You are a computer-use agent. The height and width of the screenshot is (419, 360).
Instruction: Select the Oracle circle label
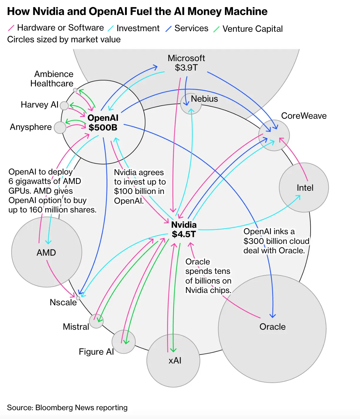point(272,327)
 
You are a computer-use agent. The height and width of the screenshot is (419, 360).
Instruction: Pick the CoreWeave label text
point(304,116)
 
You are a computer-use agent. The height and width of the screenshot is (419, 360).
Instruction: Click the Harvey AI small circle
point(64,105)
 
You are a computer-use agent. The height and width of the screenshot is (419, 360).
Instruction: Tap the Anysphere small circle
point(60,128)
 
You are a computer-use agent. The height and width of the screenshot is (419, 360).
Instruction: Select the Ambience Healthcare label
point(52,79)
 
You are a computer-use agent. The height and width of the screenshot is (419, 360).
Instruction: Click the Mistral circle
point(96,321)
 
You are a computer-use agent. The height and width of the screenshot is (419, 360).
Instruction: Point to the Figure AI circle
point(124,342)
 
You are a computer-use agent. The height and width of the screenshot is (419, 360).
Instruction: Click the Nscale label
point(63,302)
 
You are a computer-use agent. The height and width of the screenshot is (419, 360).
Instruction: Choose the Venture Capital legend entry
point(252,29)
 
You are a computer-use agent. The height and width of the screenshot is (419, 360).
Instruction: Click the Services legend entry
point(191,28)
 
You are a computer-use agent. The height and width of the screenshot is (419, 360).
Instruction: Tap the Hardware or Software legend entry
point(60,28)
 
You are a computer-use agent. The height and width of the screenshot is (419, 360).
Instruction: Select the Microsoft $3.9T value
point(186,68)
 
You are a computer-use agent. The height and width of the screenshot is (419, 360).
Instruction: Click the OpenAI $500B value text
point(103,128)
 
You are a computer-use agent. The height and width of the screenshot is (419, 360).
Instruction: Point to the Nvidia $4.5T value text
point(184,234)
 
